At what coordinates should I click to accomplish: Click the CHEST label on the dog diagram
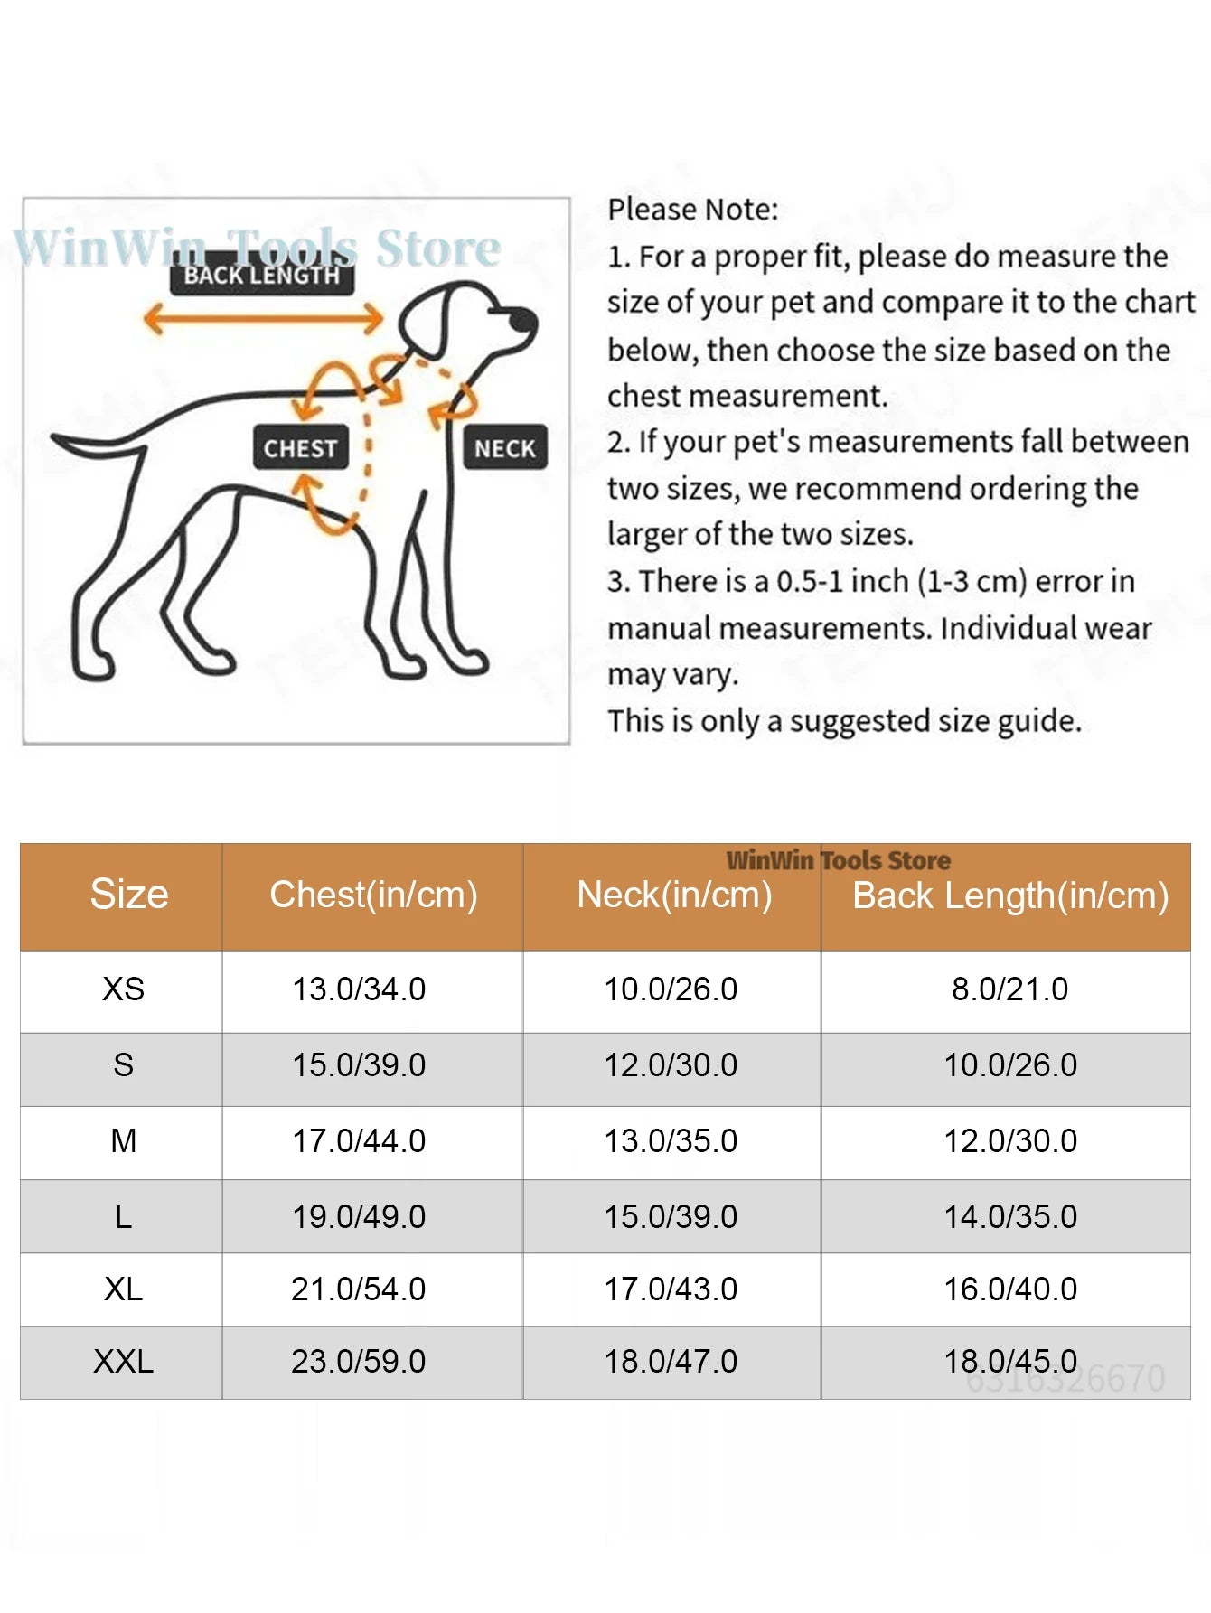[300, 447]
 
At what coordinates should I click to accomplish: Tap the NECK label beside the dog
[504, 447]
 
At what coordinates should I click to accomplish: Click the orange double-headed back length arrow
[263, 318]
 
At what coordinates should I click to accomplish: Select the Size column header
[129, 895]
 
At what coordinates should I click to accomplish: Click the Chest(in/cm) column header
[373, 895]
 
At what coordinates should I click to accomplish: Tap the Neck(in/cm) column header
[674, 896]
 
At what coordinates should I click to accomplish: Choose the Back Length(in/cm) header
[1010, 896]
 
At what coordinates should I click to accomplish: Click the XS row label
[123, 989]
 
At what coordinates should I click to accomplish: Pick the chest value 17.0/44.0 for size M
[358, 1141]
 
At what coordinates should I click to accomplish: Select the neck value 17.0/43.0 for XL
[671, 1289]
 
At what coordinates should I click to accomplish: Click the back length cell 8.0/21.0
[1009, 989]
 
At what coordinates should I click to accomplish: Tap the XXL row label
[123, 1362]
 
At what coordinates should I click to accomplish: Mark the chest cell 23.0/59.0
[358, 1362]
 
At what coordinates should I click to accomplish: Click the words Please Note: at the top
[692, 210]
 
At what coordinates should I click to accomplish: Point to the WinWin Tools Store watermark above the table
[838, 860]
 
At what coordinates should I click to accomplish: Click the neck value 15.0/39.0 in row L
[671, 1217]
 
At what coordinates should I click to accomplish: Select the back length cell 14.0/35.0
[1010, 1217]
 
